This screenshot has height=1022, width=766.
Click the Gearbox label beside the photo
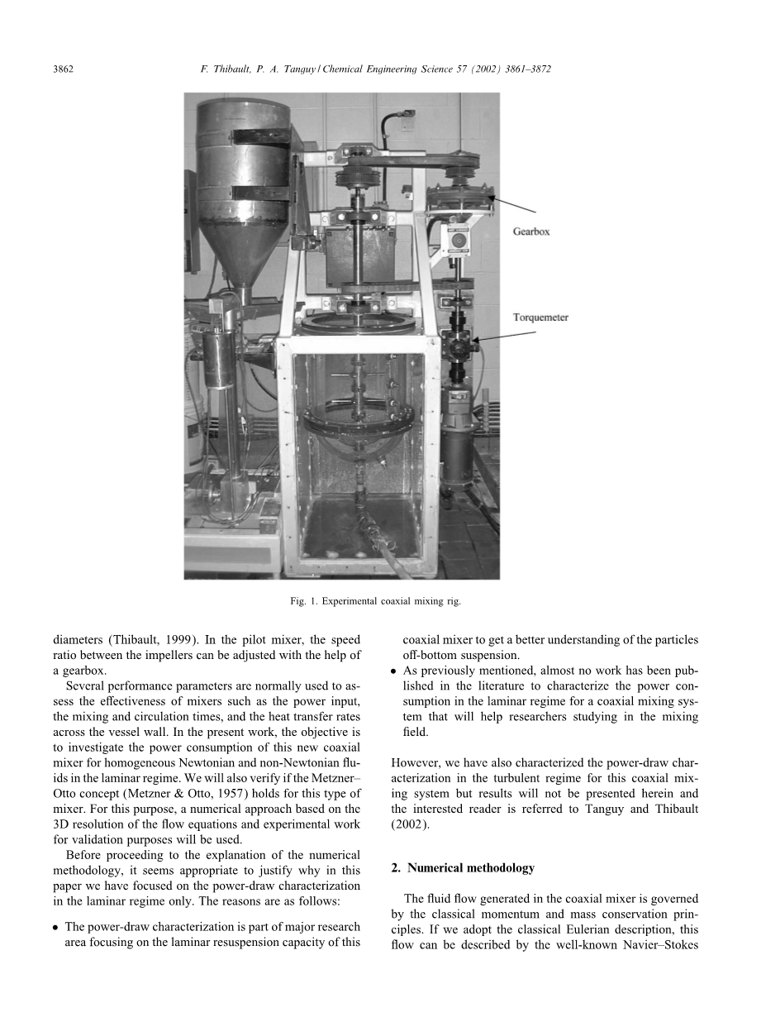click(x=530, y=232)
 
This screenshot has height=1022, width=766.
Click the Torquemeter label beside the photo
click(x=540, y=318)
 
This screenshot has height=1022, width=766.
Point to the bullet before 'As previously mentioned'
click(x=395, y=671)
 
